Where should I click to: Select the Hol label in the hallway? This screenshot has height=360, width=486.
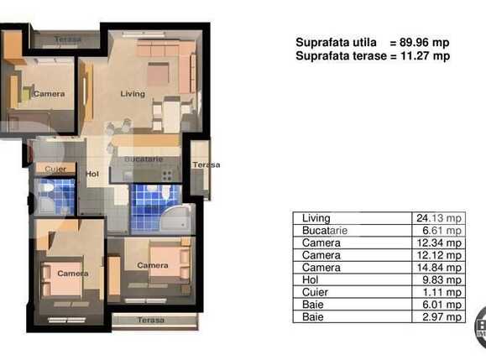click(92, 174)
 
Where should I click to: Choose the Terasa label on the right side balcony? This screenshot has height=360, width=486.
click(206, 164)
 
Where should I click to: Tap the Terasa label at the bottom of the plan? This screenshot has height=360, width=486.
click(152, 321)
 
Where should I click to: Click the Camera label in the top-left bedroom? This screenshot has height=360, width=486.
click(48, 94)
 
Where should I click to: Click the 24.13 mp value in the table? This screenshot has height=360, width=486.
click(439, 218)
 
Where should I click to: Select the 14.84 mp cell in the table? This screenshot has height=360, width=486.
click(439, 268)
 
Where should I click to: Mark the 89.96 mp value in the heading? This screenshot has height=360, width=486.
click(426, 42)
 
